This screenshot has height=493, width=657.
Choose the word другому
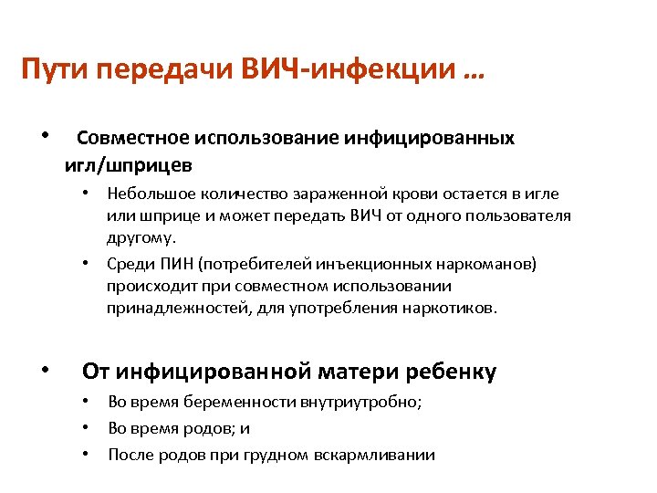pyautogui.click(x=139, y=237)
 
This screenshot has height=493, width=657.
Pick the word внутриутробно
pyautogui.click(x=368, y=402)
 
